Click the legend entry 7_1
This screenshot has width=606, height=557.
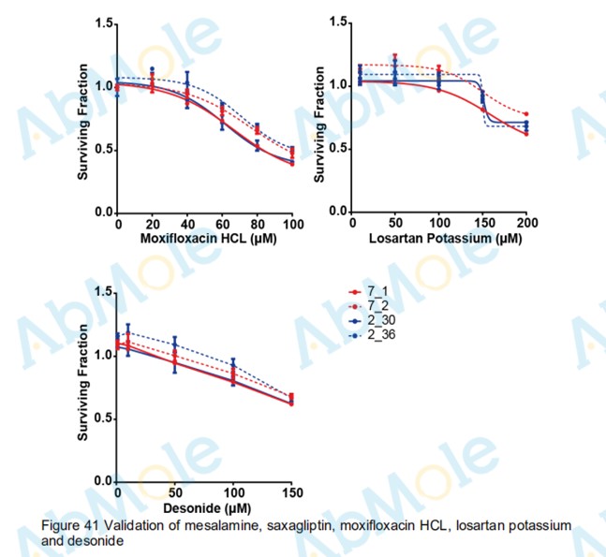pyautogui.click(x=377, y=293)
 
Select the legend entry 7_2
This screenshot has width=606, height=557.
pyautogui.click(x=377, y=306)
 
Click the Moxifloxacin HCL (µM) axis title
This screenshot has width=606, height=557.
pyautogui.click(x=204, y=240)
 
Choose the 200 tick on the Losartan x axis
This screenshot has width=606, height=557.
pyautogui.click(x=526, y=225)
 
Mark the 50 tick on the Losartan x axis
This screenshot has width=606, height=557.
pyautogui.click(x=394, y=225)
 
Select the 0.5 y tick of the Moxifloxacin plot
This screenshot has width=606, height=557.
pyautogui.click(x=100, y=150)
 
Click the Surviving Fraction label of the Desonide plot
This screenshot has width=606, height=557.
pyautogui.click(x=83, y=387)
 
